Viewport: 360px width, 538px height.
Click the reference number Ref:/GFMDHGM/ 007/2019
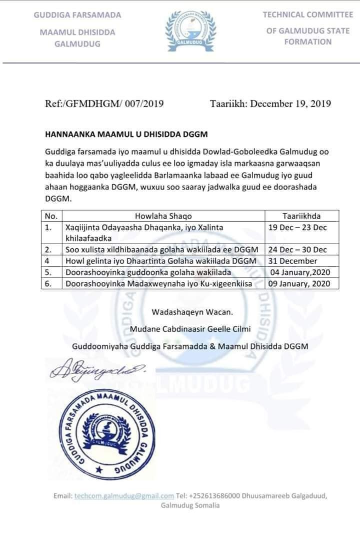click(104, 104)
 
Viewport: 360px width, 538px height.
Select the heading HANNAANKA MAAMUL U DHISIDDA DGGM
click(126, 134)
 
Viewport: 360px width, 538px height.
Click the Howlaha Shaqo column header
click(163, 216)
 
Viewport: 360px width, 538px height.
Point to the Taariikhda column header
click(301, 216)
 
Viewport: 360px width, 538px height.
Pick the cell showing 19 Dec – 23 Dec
click(297, 227)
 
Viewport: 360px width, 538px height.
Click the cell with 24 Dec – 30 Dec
click(297, 249)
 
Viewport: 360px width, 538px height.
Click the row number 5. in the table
click(49, 272)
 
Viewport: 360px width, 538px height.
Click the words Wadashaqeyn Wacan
click(192, 312)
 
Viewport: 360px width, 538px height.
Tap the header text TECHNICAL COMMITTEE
click(307, 15)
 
